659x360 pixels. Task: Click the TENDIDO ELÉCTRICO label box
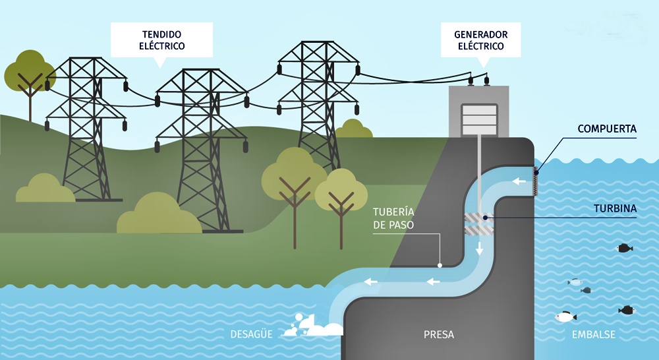(x=162, y=40)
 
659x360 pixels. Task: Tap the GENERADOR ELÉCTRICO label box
(x=481, y=40)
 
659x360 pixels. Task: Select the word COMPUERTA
(x=607, y=129)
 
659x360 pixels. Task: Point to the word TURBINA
(x=616, y=208)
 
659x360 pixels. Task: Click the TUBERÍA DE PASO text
(x=394, y=218)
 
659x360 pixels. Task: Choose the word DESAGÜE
(x=251, y=334)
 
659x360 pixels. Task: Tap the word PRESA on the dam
(x=439, y=335)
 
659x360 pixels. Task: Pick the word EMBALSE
(x=594, y=335)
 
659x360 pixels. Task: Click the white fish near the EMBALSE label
(x=565, y=316)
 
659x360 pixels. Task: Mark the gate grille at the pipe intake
(x=535, y=181)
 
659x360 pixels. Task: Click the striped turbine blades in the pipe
(x=479, y=224)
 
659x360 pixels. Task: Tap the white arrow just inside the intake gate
(x=519, y=181)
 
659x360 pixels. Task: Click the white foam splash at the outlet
(x=313, y=326)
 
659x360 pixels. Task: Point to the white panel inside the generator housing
(x=479, y=120)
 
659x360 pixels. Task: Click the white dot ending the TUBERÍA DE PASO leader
(x=440, y=265)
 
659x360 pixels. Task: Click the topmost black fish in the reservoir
(x=625, y=248)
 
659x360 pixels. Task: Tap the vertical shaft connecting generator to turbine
(x=478, y=177)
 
